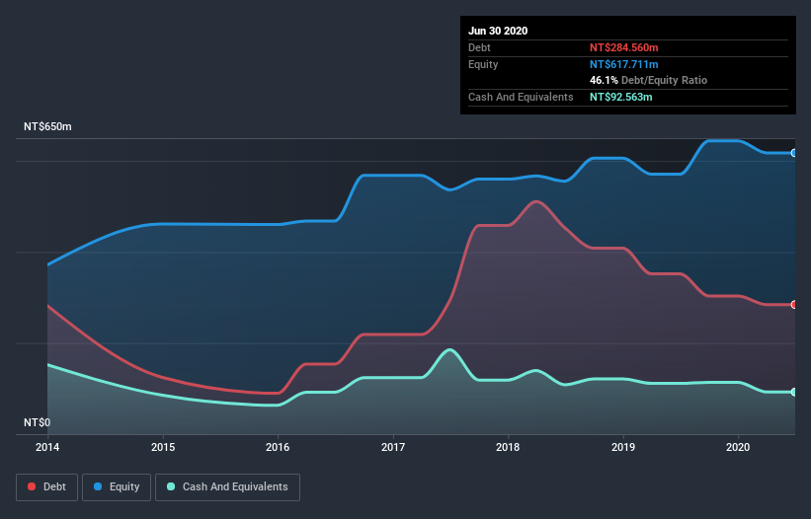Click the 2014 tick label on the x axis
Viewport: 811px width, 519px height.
47,447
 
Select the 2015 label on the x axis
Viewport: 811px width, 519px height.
163,447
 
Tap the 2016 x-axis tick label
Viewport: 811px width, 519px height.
278,447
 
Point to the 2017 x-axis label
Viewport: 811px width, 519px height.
393,447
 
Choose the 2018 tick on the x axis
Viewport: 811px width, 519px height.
508,447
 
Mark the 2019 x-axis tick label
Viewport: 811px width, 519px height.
623,447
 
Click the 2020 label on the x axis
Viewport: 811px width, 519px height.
738,447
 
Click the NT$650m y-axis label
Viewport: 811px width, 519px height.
48,127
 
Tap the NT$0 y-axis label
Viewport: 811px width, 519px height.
37,422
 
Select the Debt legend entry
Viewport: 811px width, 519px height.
46,486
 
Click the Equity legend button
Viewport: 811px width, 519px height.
117,486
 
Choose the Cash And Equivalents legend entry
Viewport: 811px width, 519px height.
227,486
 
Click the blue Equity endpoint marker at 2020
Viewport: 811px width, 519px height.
793,153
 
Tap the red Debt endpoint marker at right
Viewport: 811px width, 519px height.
793,305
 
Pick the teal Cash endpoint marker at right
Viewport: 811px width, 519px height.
793,392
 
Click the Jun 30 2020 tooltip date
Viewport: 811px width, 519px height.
498,31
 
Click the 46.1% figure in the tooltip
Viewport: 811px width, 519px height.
604,80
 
